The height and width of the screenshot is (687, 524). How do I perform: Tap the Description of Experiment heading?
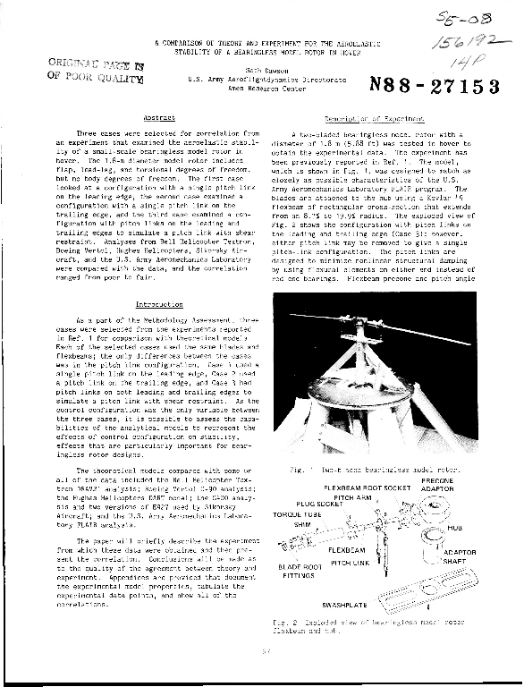[x=362, y=117]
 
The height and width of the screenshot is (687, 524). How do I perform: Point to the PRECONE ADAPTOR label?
[x=437, y=484]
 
